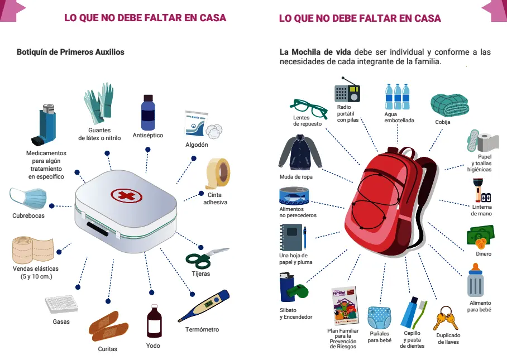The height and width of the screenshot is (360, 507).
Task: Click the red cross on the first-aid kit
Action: click(x=126, y=195)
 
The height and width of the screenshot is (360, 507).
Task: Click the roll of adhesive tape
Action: click(x=218, y=173)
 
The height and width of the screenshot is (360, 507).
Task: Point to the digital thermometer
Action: click(x=204, y=305)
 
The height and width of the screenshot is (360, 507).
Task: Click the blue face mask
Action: click(x=28, y=198)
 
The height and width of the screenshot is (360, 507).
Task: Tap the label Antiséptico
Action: click(x=148, y=136)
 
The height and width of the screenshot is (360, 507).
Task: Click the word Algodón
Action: click(x=197, y=145)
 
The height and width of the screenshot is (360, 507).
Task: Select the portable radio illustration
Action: click(x=347, y=90)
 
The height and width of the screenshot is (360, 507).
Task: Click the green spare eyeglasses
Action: click(x=308, y=109)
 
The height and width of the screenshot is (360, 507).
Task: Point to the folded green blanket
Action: click(x=450, y=105)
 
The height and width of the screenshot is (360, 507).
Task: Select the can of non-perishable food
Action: click(x=294, y=196)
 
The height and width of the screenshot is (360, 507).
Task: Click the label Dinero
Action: click(x=484, y=254)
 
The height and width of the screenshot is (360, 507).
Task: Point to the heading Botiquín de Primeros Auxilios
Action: click(x=70, y=52)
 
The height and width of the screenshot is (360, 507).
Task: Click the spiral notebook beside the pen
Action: click(x=291, y=238)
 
